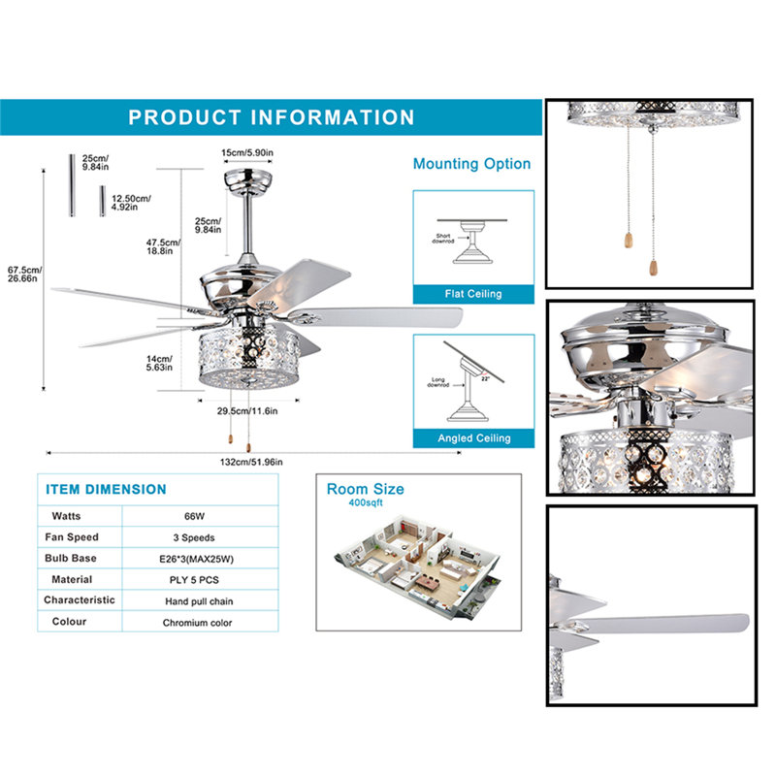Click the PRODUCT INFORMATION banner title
tap(272, 117)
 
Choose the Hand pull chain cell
tap(197, 601)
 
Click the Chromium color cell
tap(197, 623)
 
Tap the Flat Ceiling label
tap(473, 294)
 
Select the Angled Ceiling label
tap(473, 438)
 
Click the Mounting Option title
tap(471, 164)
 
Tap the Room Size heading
tap(365, 489)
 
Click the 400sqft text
tap(366, 504)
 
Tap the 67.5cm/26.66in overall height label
tap(20, 274)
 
